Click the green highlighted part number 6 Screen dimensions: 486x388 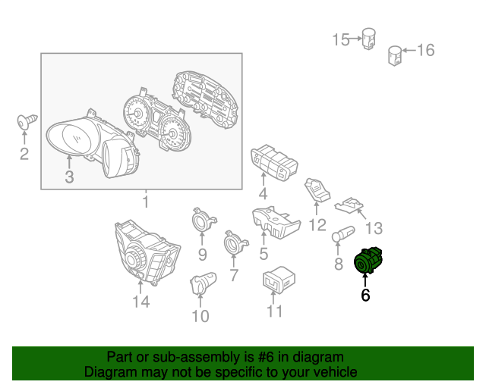(368, 260)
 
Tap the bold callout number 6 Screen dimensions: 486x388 (365, 295)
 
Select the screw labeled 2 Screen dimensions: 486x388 (27, 121)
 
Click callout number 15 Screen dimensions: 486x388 (341, 39)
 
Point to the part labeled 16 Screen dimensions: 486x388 (395, 55)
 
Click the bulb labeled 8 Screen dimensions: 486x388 (343, 233)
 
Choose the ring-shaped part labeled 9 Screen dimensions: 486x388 (203, 219)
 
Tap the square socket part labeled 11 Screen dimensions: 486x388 (279, 279)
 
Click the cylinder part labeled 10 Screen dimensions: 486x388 (203, 283)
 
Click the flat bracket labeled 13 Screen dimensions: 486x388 (349, 205)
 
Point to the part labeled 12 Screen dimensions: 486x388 (317, 189)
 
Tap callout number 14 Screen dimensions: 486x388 (141, 302)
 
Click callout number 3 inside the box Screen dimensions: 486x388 (69, 177)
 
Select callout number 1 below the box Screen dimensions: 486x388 (146, 202)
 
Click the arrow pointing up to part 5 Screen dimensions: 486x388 (264, 236)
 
